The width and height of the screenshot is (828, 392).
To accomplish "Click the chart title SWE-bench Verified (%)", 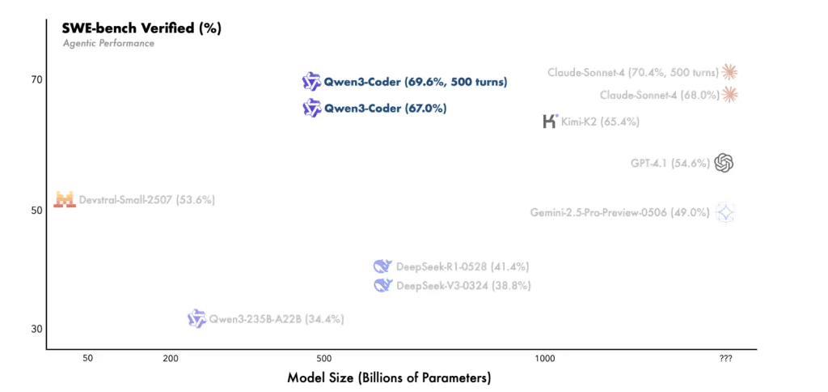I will pyautogui.click(x=142, y=28).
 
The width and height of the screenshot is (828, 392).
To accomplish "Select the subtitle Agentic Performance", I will pyautogui.click(x=108, y=43).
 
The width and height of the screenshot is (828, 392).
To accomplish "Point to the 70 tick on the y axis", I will pyautogui.click(x=36, y=79).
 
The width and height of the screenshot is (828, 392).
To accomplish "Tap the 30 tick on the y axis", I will pyautogui.click(x=36, y=329).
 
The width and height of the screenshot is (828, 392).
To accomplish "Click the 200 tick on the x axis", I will pyautogui.click(x=171, y=359).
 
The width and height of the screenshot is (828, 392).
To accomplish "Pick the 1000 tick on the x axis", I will pyautogui.click(x=544, y=359).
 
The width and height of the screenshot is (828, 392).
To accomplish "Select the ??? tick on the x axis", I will pyautogui.click(x=725, y=359).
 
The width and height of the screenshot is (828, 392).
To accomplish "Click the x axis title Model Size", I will pyautogui.click(x=389, y=378).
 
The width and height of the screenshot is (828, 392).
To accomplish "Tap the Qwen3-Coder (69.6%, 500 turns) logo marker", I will pyautogui.click(x=311, y=81).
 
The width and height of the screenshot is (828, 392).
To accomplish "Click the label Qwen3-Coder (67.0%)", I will pyautogui.click(x=385, y=108).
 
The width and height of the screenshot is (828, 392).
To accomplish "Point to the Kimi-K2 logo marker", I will pyautogui.click(x=550, y=121).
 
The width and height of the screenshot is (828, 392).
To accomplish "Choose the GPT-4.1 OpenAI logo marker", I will pyautogui.click(x=724, y=163).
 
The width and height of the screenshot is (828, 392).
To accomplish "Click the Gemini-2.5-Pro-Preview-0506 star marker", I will pyautogui.click(x=726, y=213).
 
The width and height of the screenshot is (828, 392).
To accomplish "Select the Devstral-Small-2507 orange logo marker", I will pyautogui.click(x=65, y=199).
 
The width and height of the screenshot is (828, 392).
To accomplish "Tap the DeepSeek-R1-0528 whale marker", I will pyautogui.click(x=382, y=266).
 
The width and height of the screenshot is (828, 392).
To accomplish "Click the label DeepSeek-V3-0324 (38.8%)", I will pyautogui.click(x=463, y=286).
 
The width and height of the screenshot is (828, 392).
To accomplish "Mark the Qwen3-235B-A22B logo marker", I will pyautogui.click(x=196, y=319).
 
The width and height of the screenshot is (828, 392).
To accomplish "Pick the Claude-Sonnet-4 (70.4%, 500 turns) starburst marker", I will pyautogui.click(x=731, y=72).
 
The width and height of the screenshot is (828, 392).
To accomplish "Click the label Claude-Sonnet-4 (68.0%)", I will pyautogui.click(x=659, y=95).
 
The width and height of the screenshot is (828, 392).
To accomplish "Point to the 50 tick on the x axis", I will pyautogui.click(x=88, y=359).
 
